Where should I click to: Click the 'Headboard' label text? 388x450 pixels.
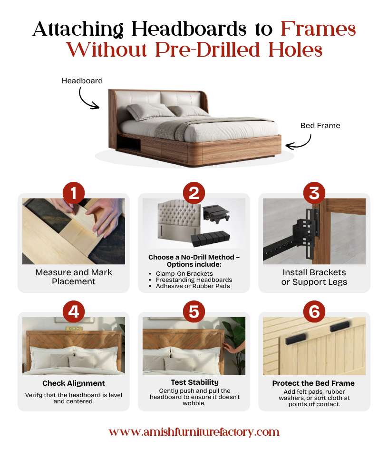82,81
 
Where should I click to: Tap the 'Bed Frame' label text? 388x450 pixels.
320,126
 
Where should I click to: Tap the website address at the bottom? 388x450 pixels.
194,432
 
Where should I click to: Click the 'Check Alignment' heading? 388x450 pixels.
74,383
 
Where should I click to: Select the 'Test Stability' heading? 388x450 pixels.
194,382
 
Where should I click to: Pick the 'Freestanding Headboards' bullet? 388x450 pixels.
194,280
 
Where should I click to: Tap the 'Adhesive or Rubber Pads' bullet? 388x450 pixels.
193,286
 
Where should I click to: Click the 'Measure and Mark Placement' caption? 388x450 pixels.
74,277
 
